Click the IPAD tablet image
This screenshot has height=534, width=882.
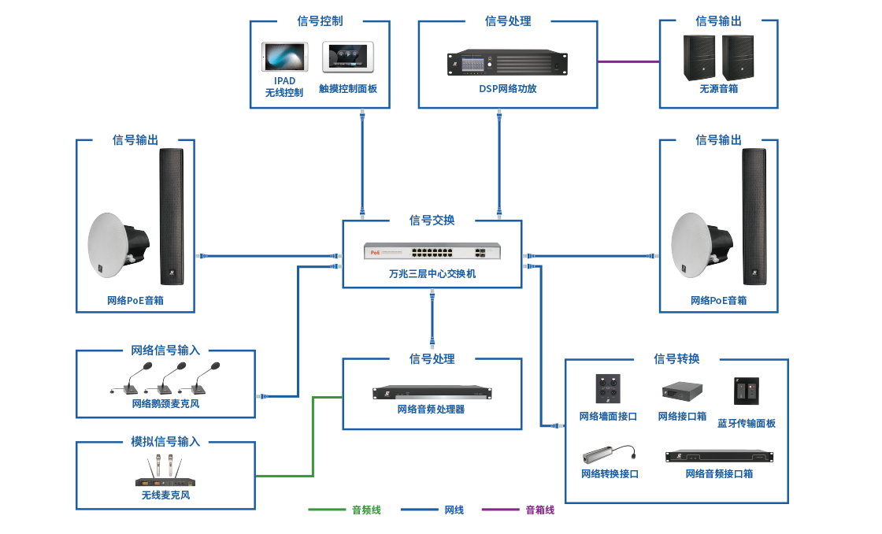pyautogui.click(x=284, y=57)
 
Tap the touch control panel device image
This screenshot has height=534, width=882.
pyautogui.click(x=348, y=57)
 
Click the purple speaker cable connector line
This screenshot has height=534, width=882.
pyautogui.click(x=628, y=61)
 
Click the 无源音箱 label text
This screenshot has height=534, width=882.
pyautogui.click(x=718, y=89)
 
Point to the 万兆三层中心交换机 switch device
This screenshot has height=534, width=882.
pyautogui.click(x=432, y=252)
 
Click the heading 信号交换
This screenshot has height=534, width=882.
pyautogui.click(x=432, y=221)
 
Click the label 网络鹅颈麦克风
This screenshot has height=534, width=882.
pyautogui.click(x=165, y=404)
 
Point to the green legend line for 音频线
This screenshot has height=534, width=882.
pyautogui.click(x=326, y=510)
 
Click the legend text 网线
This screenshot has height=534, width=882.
pyautogui.click(x=454, y=510)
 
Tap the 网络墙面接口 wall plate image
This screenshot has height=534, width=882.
pyautogui.click(x=607, y=390)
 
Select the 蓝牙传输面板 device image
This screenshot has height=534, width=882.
pyautogui.click(x=746, y=391)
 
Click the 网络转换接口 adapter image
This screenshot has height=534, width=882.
pyautogui.click(x=608, y=455)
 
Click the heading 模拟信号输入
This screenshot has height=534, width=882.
pyautogui.click(x=165, y=442)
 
